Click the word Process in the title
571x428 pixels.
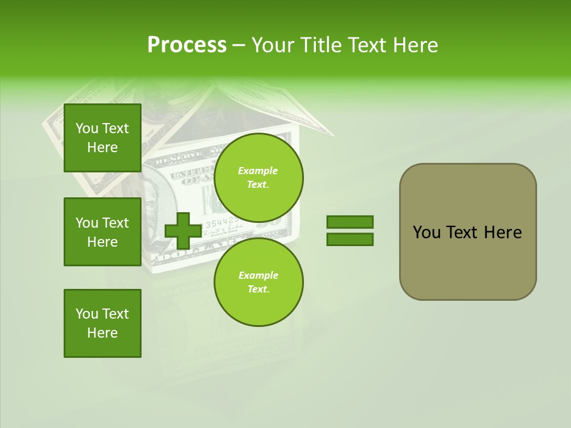click(187, 45)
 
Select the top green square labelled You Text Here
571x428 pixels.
click(102, 138)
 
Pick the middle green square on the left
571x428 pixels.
click(102, 232)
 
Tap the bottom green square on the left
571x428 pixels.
click(102, 323)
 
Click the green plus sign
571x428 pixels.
click(183, 231)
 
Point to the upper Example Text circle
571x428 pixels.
click(258, 177)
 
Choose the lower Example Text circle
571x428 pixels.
click(258, 282)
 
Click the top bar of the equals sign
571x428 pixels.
click(350, 222)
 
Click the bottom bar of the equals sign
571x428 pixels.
click(350, 240)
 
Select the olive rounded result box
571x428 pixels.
click(468, 231)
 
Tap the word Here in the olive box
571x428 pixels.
click(503, 232)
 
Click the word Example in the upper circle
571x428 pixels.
click(258, 171)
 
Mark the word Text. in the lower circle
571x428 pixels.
click(258, 289)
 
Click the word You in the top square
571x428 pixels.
click(87, 128)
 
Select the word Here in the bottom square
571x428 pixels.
click(102, 333)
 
